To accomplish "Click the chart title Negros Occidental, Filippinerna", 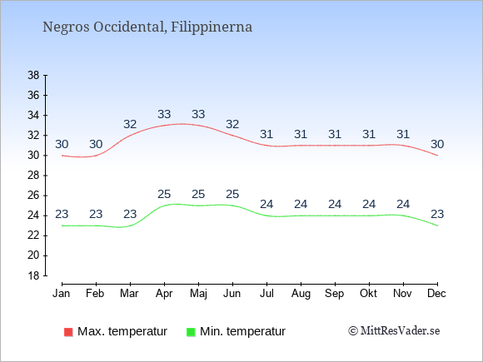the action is pyautogui.click(x=147, y=27).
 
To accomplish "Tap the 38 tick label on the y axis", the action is pyautogui.click(x=33, y=75).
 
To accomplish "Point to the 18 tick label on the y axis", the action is pyautogui.click(x=33, y=275).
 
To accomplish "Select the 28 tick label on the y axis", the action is pyautogui.click(x=33, y=176).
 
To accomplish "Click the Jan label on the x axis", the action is pyautogui.click(x=62, y=294).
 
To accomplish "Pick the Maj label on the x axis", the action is pyautogui.click(x=198, y=294).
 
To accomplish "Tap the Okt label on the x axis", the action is pyautogui.click(x=368, y=294).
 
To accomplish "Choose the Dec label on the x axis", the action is pyautogui.click(x=436, y=294).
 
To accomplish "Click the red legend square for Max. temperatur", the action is pyautogui.click(x=68, y=332).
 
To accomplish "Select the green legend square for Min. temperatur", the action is pyautogui.click(x=191, y=332).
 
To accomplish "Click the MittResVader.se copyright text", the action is pyautogui.click(x=394, y=331).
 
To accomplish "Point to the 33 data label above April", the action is pyautogui.click(x=164, y=114).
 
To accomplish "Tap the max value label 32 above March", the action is pyautogui.click(x=130, y=124).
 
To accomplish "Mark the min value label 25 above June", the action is pyautogui.click(x=232, y=194).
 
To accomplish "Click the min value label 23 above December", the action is pyautogui.click(x=437, y=214).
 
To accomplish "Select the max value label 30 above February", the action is pyautogui.click(x=96, y=144).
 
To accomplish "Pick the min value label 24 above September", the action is pyautogui.click(x=335, y=204).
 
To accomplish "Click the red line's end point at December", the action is pyautogui.click(x=437, y=156).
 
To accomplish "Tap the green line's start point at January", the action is pyautogui.click(x=62, y=226).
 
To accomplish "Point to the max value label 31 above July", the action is pyautogui.click(x=266, y=134).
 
